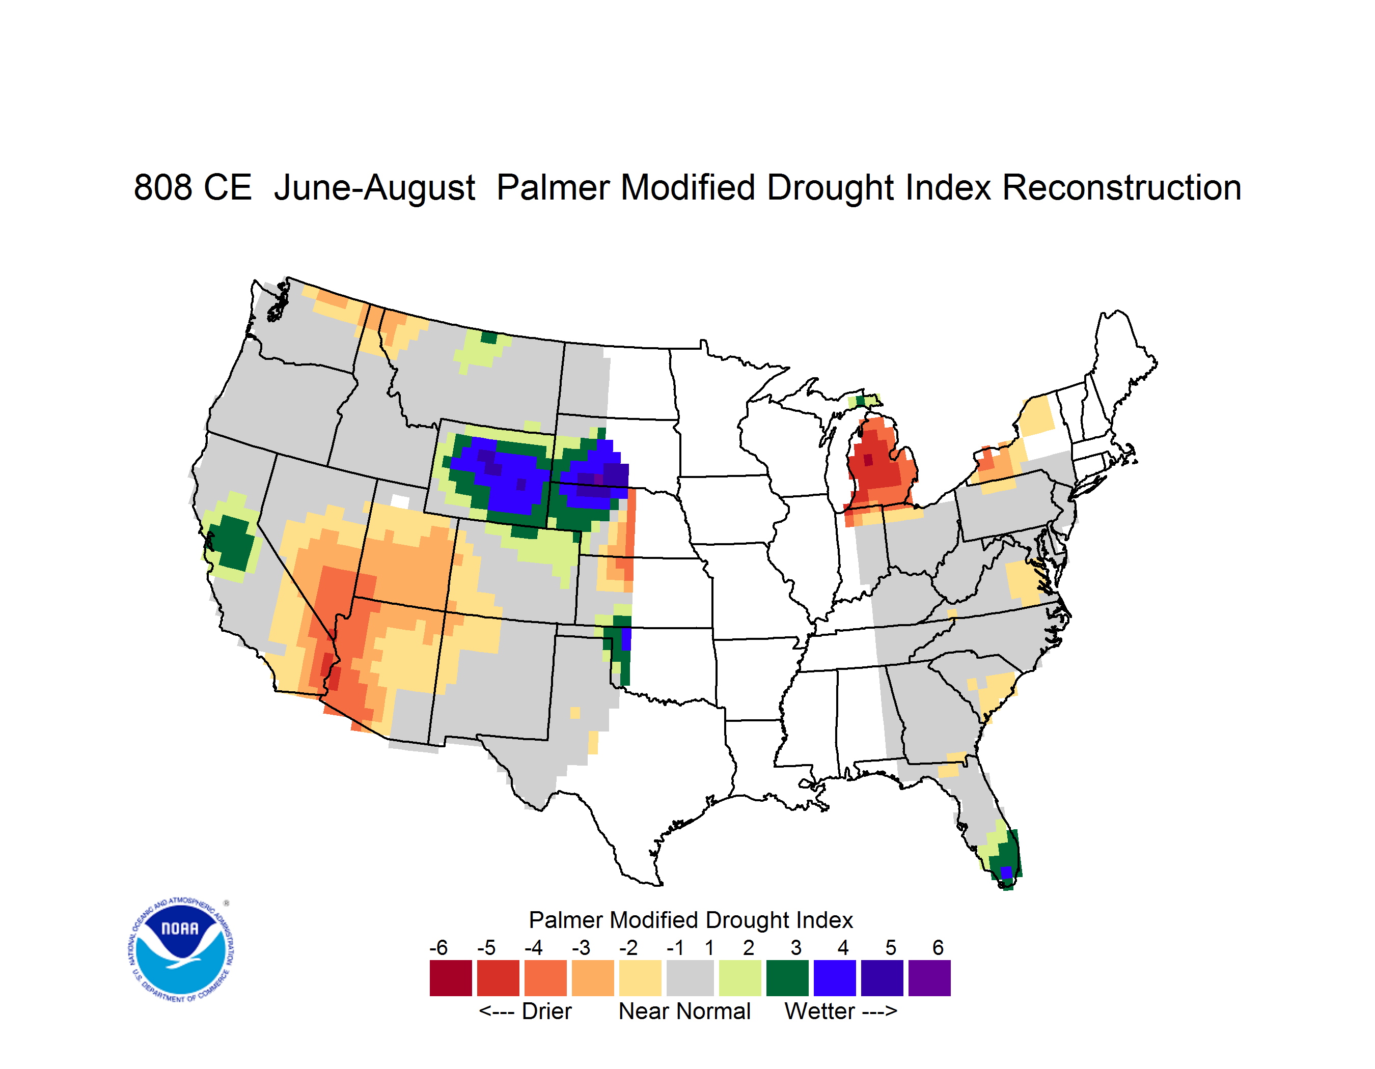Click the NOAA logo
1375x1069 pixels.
(181, 950)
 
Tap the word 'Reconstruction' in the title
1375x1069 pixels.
(1121, 187)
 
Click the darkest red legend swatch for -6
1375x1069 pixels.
(451, 978)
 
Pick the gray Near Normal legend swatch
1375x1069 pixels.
(690, 978)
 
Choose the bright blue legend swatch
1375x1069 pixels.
(835, 978)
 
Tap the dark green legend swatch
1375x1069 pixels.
(787, 978)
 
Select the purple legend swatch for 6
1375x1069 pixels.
(929, 978)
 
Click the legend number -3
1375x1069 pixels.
(581, 947)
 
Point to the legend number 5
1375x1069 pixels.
(890, 947)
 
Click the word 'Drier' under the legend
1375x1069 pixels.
(546, 1011)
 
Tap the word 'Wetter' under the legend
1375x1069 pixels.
(820, 1011)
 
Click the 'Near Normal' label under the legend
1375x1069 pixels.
(684, 1011)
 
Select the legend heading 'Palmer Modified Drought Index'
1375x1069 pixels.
(691, 920)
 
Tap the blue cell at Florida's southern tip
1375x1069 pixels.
(1006, 873)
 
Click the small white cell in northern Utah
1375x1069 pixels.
(400, 501)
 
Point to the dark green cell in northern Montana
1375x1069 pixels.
(488, 337)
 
